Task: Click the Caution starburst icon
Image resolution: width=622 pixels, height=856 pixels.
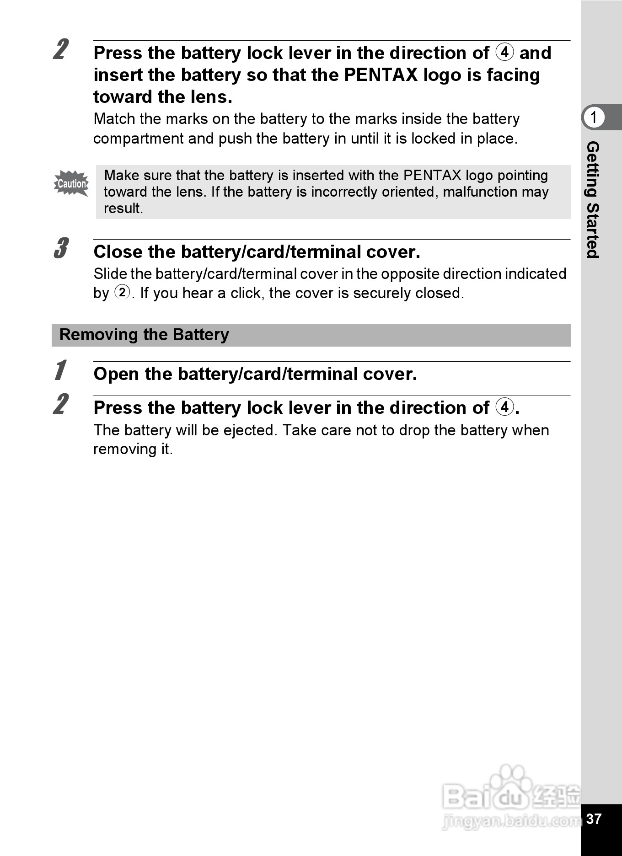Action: [x=71, y=183]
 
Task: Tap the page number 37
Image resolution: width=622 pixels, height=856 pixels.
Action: [x=594, y=819]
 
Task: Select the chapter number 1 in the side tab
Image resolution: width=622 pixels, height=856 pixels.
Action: [x=594, y=118]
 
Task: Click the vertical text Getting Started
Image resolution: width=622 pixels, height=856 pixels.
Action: [x=593, y=200]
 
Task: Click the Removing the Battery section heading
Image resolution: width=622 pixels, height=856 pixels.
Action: [x=144, y=335]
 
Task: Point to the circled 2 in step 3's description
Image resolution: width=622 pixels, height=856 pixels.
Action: [x=122, y=292]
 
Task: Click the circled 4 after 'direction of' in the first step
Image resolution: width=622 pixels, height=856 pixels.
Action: [x=504, y=52]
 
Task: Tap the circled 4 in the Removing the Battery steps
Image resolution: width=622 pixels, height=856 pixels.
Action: [x=504, y=407]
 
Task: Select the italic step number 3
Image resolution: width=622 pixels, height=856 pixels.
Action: [x=61, y=248]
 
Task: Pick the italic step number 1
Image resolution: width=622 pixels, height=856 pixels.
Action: [x=60, y=370]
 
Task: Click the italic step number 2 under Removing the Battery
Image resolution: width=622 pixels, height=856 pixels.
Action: [x=61, y=404]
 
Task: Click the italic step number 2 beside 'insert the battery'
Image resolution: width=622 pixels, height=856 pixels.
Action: [x=61, y=49]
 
